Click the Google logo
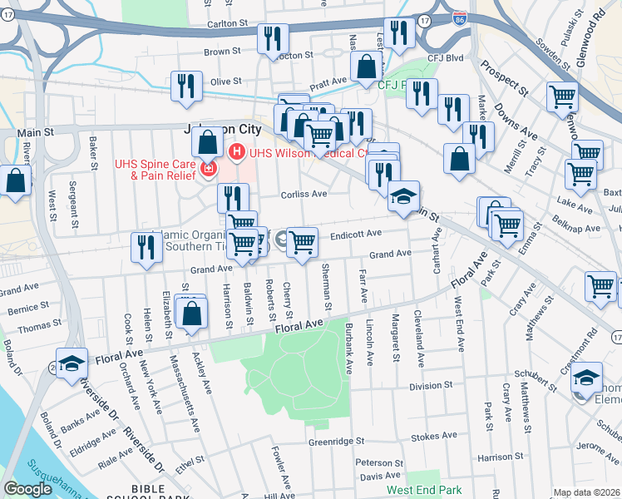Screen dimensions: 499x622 (27, 489)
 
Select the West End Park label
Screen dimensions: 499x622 (423, 491)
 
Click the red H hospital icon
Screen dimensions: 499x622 (236, 151)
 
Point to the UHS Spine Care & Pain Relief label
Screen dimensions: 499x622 (155, 170)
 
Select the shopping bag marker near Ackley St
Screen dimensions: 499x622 (192, 314)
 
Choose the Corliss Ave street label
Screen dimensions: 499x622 (307, 193)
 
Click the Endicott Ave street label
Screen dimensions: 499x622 (355, 235)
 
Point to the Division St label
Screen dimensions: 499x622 (430, 387)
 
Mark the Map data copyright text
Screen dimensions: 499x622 (586, 492)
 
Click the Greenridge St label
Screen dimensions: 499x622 (336, 442)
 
